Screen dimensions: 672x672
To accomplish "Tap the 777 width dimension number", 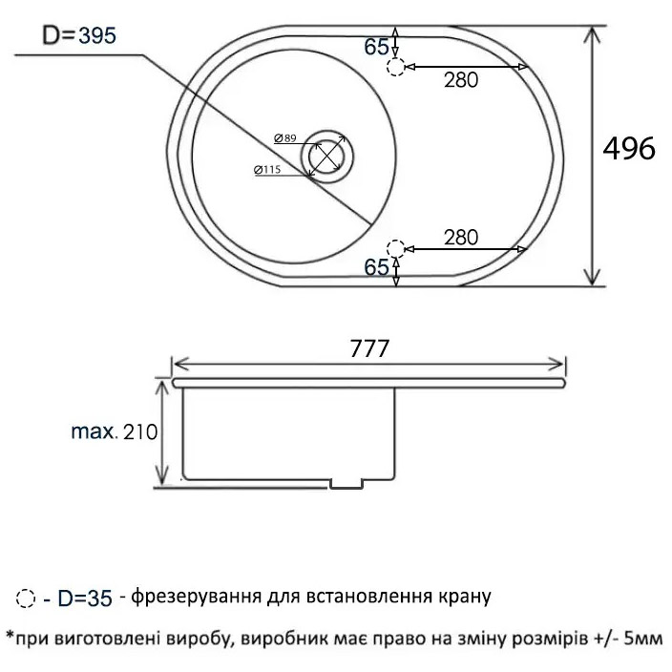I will tap(369, 349).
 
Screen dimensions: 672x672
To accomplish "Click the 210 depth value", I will tap(138, 431).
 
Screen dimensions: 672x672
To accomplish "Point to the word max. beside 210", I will tap(93, 431).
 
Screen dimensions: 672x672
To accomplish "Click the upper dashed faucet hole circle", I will tap(397, 67).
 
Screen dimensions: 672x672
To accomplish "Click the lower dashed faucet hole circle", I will tap(397, 250).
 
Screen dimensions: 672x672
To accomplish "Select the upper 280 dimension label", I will tap(460, 81).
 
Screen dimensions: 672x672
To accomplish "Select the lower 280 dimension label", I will tap(460, 236).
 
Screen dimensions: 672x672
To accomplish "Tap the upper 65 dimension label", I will tap(376, 47).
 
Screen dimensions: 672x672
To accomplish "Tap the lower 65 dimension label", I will tap(376, 268).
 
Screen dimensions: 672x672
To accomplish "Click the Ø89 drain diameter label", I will tap(283, 139).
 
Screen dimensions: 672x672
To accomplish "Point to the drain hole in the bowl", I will tap(327, 156).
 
